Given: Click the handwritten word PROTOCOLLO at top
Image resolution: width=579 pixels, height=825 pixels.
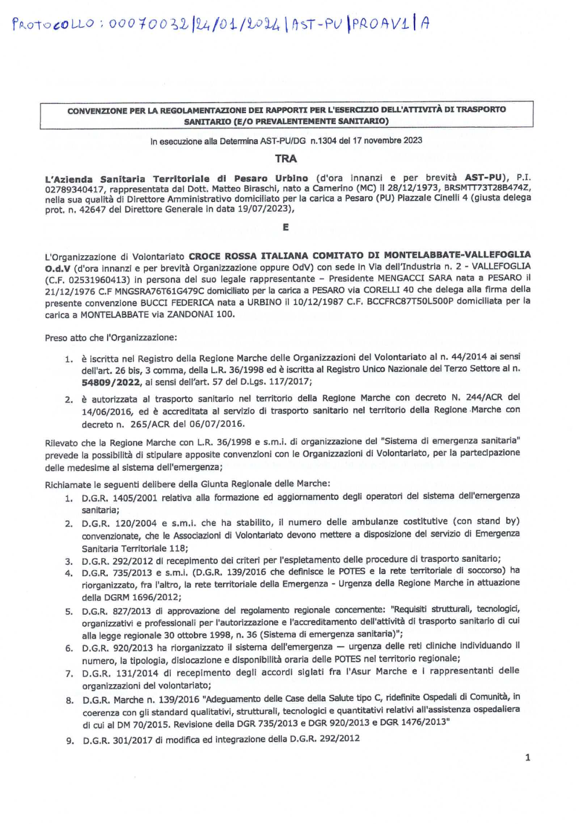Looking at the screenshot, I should point(53,24).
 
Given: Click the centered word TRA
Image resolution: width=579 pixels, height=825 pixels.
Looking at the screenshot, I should point(286,158).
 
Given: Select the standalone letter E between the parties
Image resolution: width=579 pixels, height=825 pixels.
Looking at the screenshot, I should point(285,227).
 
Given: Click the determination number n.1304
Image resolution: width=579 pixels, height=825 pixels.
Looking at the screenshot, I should point(323,140).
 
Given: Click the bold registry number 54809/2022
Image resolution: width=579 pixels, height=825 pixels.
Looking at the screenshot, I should point(111,382).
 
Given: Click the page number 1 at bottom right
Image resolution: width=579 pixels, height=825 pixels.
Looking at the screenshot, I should point(527,757).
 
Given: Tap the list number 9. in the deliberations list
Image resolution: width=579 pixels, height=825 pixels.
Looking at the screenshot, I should point(69,740).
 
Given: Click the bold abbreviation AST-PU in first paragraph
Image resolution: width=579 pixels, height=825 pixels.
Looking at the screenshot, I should point(484,177).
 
